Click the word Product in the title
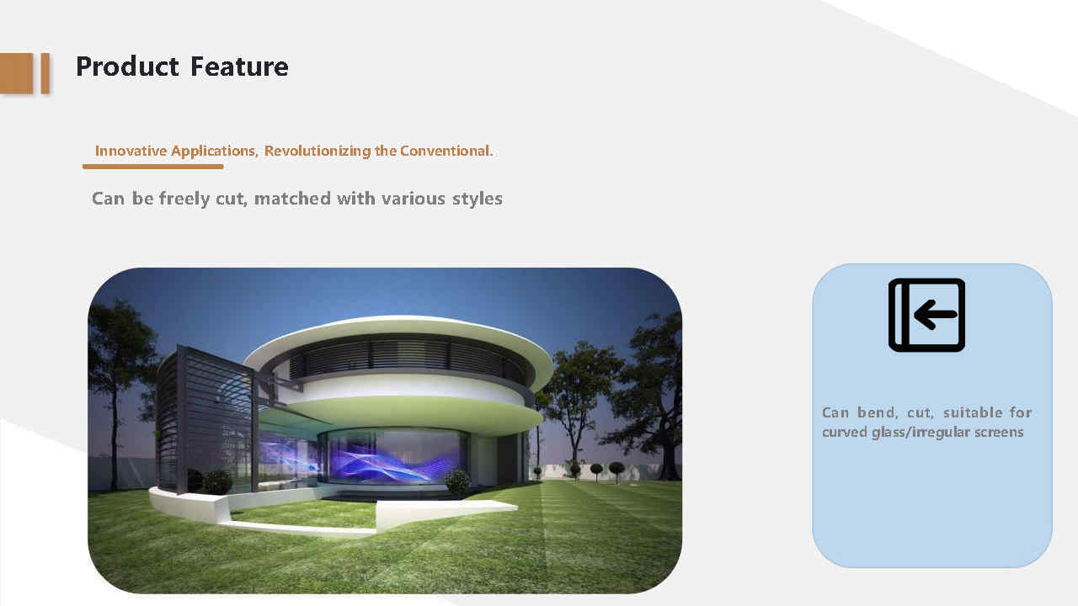click(127, 66)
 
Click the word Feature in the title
click(239, 66)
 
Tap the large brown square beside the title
click(16, 73)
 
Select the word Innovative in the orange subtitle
click(131, 151)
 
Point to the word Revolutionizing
click(318, 151)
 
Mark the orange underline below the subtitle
click(153, 167)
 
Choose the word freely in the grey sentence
click(184, 199)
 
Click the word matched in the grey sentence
click(292, 199)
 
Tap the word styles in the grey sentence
click(477, 199)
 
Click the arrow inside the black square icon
click(935, 315)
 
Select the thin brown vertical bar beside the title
click(45, 73)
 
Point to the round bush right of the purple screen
click(457, 481)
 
